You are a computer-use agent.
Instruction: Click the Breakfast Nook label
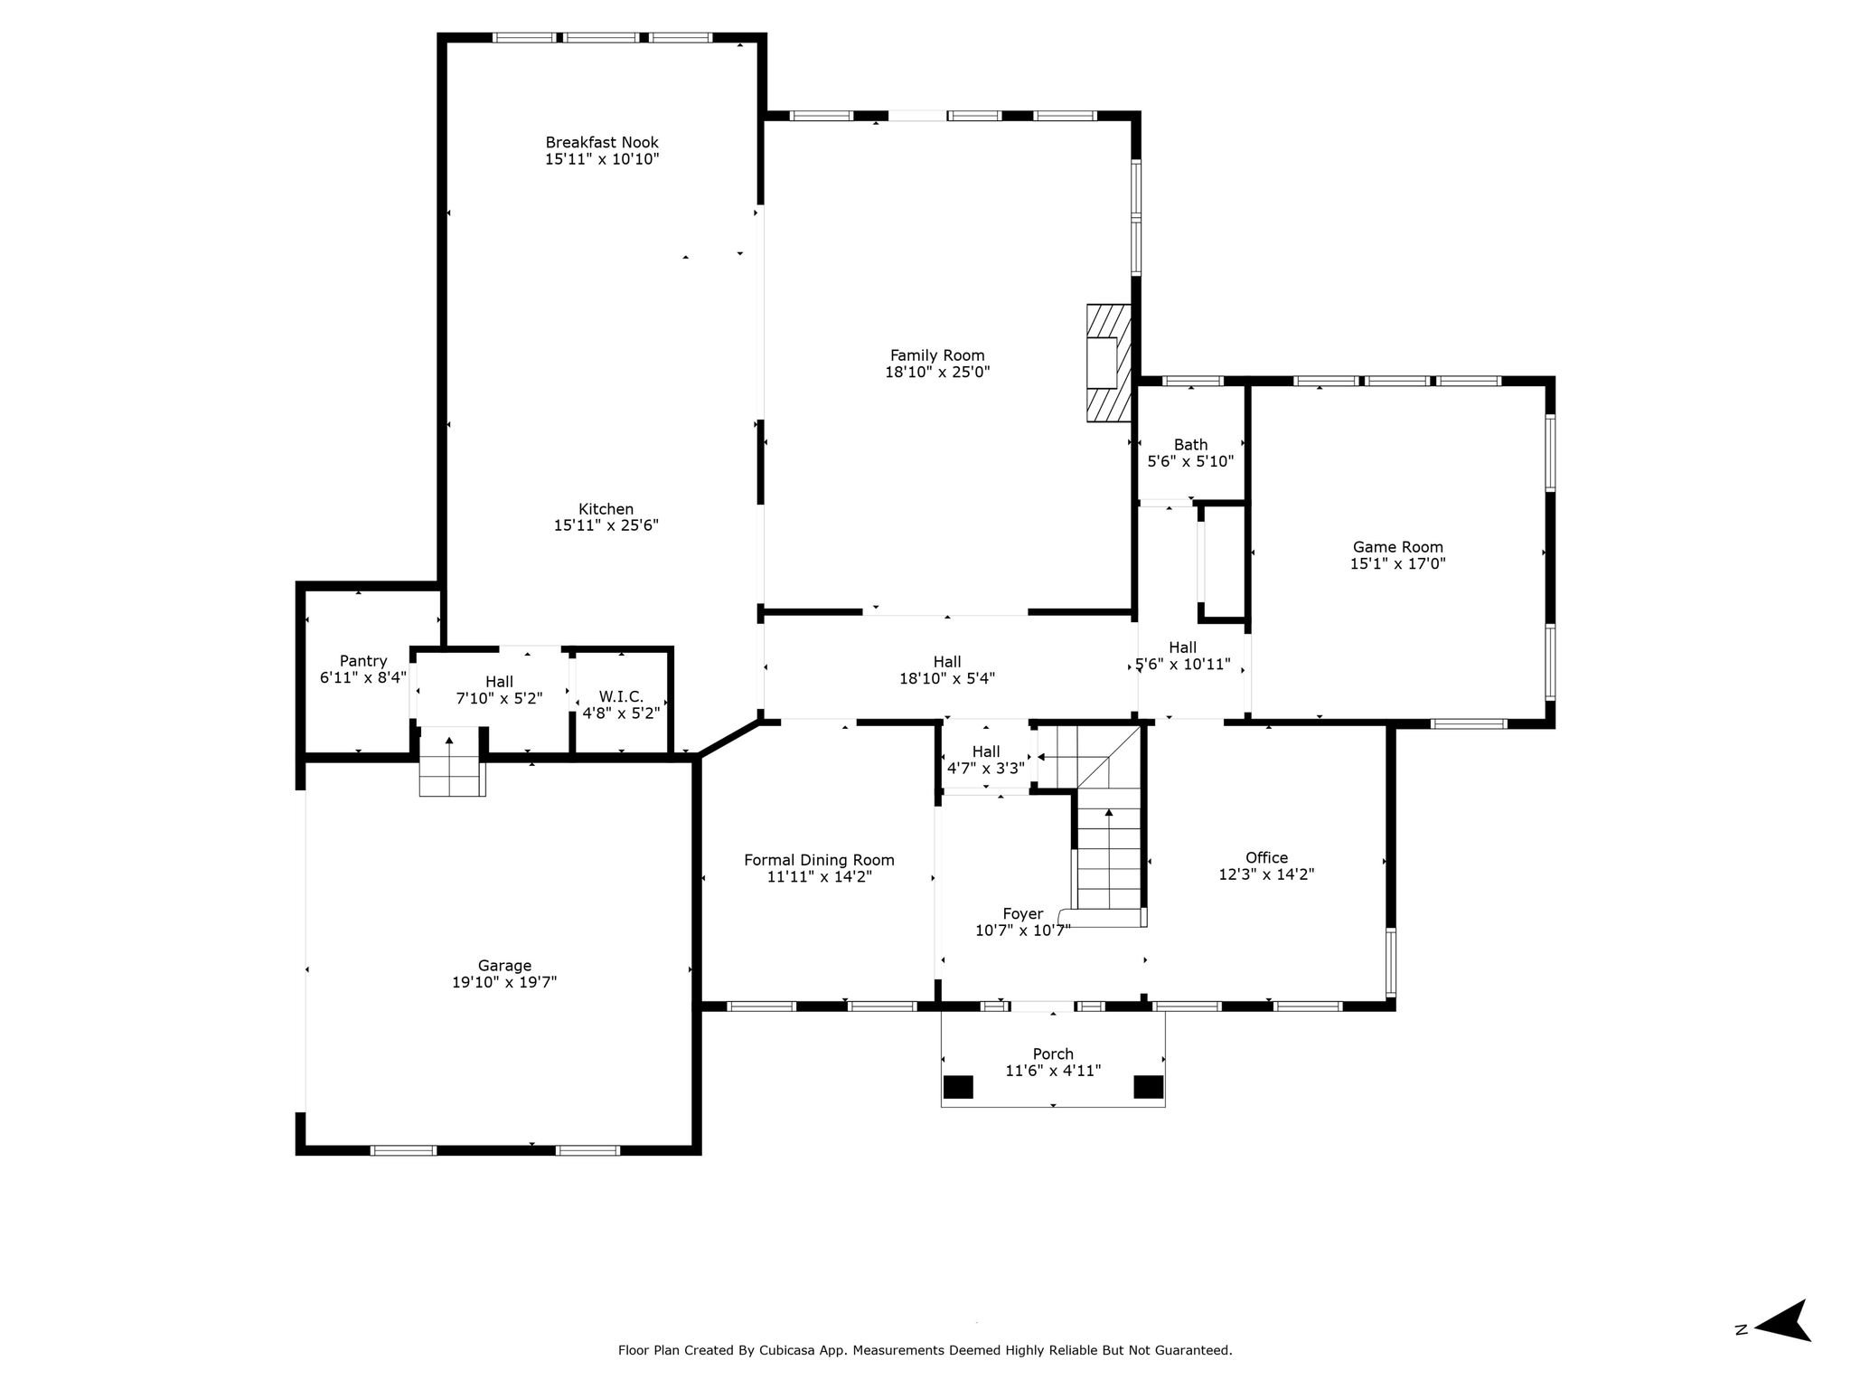pyautogui.click(x=602, y=142)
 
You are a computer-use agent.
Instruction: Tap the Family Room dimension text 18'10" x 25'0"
pyautogui.click(x=937, y=372)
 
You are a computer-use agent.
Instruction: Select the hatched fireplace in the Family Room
pyautogui.click(x=1109, y=363)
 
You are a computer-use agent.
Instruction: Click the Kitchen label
pyautogui.click(x=606, y=509)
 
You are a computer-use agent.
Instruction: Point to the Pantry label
pyautogui.click(x=363, y=661)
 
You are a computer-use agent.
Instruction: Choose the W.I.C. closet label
pyautogui.click(x=621, y=696)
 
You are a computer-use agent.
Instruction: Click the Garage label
pyautogui.click(x=504, y=966)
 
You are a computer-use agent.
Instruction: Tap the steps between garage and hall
pyautogui.click(x=452, y=761)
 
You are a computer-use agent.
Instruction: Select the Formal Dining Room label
pyautogui.click(x=819, y=860)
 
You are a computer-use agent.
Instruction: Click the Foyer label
pyautogui.click(x=1022, y=914)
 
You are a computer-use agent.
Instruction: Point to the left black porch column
pyautogui.click(x=958, y=1087)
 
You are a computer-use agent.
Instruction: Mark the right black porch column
pyautogui.click(x=1149, y=1087)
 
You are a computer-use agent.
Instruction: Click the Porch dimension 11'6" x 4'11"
pyautogui.click(x=1053, y=1072)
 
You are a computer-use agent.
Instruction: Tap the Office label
pyautogui.click(x=1266, y=857)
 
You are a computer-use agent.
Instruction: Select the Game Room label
pyautogui.click(x=1397, y=547)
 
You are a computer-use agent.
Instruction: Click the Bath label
pyautogui.click(x=1190, y=445)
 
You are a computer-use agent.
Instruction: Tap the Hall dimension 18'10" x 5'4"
pyautogui.click(x=947, y=679)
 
